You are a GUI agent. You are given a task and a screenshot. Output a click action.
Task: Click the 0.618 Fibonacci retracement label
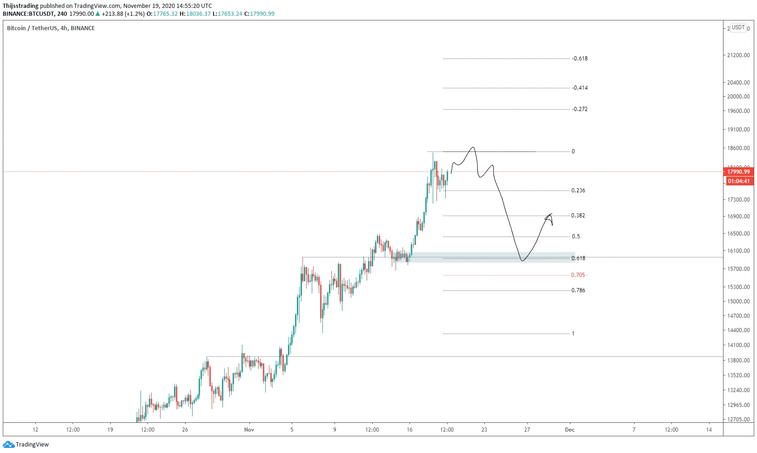[x=578, y=258]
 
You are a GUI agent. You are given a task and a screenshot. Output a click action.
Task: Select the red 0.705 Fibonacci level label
[x=578, y=275]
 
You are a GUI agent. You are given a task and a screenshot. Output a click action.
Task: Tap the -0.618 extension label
[x=580, y=59]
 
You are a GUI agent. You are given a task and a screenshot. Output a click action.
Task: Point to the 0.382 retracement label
[x=578, y=216]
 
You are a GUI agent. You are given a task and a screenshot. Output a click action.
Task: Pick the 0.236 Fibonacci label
[x=578, y=190]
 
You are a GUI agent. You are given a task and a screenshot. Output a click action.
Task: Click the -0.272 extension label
[x=580, y=109]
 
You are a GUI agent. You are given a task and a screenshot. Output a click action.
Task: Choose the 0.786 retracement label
[x=578, y=290]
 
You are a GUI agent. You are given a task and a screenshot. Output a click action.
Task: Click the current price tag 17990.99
[x=739, y=172]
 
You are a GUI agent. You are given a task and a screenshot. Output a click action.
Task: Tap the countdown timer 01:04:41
[x=739, y=181]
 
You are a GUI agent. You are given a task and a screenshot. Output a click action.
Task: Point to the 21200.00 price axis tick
[x=739, y=55]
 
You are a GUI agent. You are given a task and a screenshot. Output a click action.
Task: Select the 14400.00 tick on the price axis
[x=739, y=330]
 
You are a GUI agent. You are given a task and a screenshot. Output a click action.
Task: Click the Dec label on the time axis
[x=570, y=430]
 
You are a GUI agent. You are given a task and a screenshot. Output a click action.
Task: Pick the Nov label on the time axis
[x=249, y=430]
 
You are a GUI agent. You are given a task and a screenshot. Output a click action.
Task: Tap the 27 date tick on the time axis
[x=527, y=430]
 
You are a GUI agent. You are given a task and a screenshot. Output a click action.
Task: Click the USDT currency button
[x=738, y=27]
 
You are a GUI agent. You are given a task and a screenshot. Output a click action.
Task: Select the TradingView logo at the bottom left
[x=26, y=445]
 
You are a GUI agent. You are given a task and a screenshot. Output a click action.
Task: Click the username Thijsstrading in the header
[x=20, y=6]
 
